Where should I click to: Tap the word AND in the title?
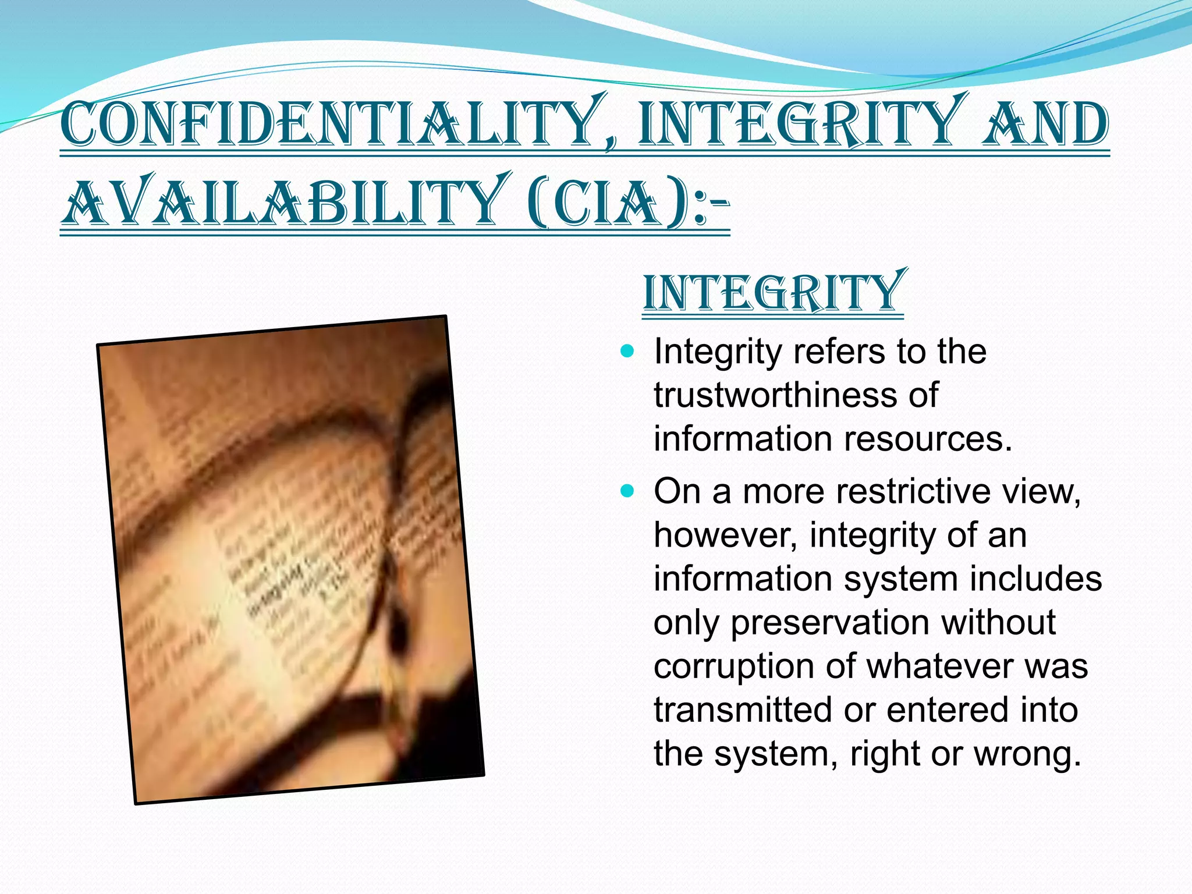(1045, 124)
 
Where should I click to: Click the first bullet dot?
(627, 352)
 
